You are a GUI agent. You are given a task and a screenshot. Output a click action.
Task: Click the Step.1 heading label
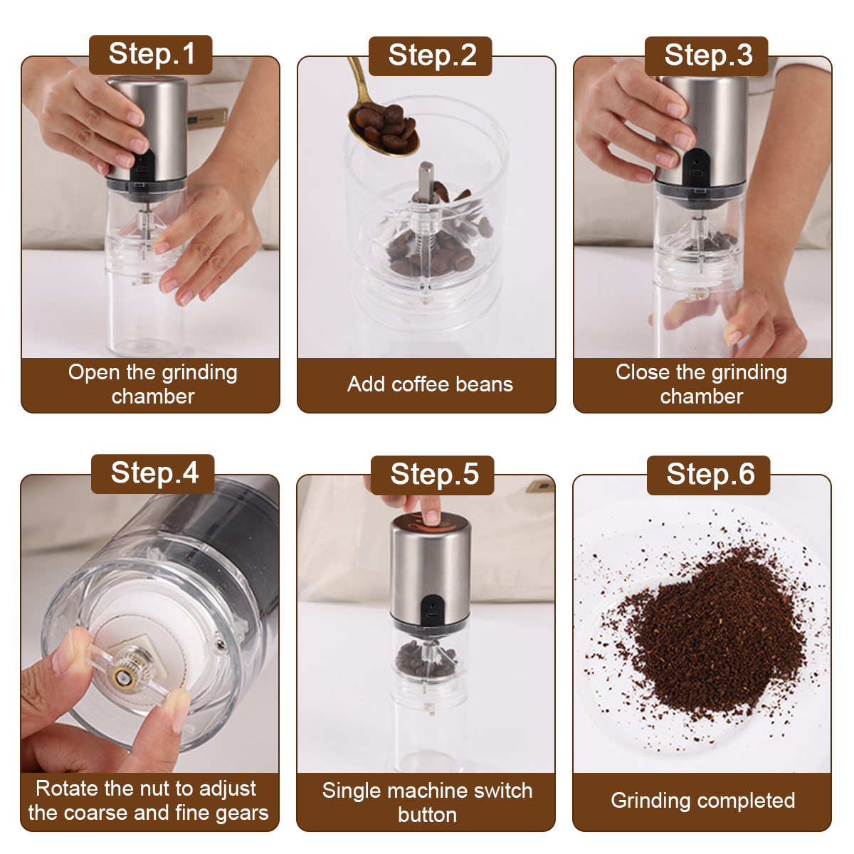tap(151, 54)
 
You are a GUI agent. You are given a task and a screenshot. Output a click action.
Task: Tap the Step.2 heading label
tap(431, 56)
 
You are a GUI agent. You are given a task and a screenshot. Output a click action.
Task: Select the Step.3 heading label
tap(707, 56)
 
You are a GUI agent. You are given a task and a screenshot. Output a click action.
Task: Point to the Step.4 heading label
tap(153, 473)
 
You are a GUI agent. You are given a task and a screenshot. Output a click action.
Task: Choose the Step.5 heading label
tap(433, 475)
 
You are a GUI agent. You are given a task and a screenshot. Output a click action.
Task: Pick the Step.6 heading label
tap(709, 475)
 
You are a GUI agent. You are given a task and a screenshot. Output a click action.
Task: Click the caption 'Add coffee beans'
tap(430, 384)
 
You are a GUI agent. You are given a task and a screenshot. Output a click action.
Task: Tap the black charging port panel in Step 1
tap(143, 167)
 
